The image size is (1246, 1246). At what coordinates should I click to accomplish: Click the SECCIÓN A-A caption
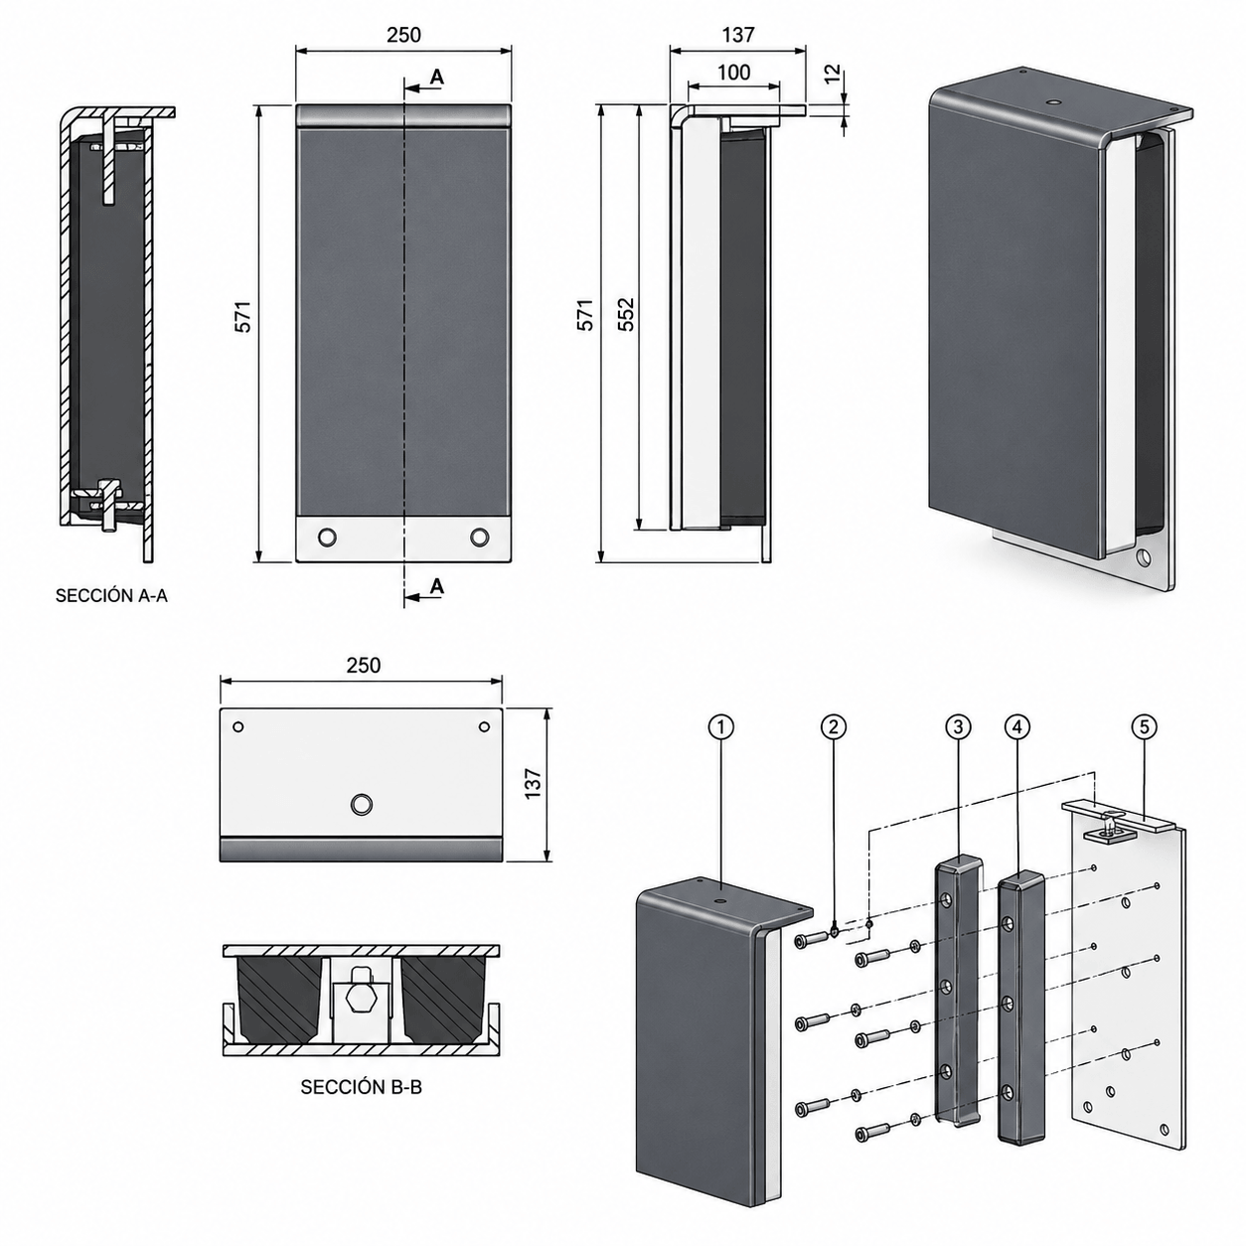click(111, 595)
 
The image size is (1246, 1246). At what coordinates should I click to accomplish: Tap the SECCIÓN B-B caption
click(362, 1087)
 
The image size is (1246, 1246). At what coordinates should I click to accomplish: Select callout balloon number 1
click(721, 726)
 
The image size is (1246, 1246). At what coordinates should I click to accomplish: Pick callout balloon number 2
click(833, 726)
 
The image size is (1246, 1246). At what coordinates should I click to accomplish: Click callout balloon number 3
click(958, 726)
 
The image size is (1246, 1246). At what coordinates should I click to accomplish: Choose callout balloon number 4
click(1017, 726)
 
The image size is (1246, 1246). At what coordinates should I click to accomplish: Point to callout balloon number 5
click(1144, 726)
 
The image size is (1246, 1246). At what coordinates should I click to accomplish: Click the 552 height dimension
click(626, 314)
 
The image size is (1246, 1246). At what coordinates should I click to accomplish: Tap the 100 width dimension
click(734, 72)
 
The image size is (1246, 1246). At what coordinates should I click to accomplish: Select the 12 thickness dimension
click(833, 74)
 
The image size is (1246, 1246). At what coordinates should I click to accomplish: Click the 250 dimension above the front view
click(403, 34)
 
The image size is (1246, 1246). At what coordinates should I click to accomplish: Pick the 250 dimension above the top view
click(363, 665)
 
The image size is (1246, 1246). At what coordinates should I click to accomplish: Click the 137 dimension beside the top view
click(533, 783)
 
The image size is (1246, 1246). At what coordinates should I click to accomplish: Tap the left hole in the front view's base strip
click(327, 537)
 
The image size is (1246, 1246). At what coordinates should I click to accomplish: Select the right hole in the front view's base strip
click(480, 537)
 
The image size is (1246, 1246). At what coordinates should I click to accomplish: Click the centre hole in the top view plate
click(361, 805)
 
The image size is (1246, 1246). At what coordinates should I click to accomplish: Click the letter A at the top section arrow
click(437, 77)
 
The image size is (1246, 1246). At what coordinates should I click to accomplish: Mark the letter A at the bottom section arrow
click(437, 586)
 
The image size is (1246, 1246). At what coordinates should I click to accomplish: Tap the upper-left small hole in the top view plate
click(237, 726)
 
